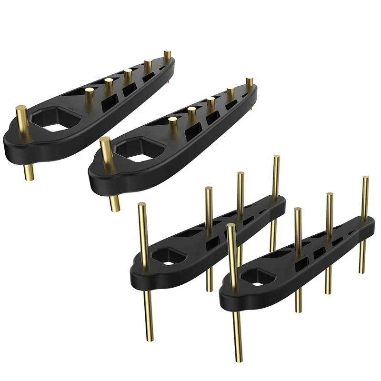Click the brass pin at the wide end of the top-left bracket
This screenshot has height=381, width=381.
tap(21, 117)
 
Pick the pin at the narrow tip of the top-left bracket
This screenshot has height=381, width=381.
tap(167, 55)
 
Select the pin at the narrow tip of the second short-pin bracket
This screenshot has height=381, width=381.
tap(249, 83)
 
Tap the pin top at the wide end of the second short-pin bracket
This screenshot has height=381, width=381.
tap(105, 142)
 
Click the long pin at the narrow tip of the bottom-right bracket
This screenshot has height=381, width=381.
tap(365, 190)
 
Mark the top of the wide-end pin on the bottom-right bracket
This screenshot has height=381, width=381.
tap(231, 227)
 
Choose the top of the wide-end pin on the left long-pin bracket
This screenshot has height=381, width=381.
tap(141, 206)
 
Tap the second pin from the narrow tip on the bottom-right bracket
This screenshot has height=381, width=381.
tap(329, 210)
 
